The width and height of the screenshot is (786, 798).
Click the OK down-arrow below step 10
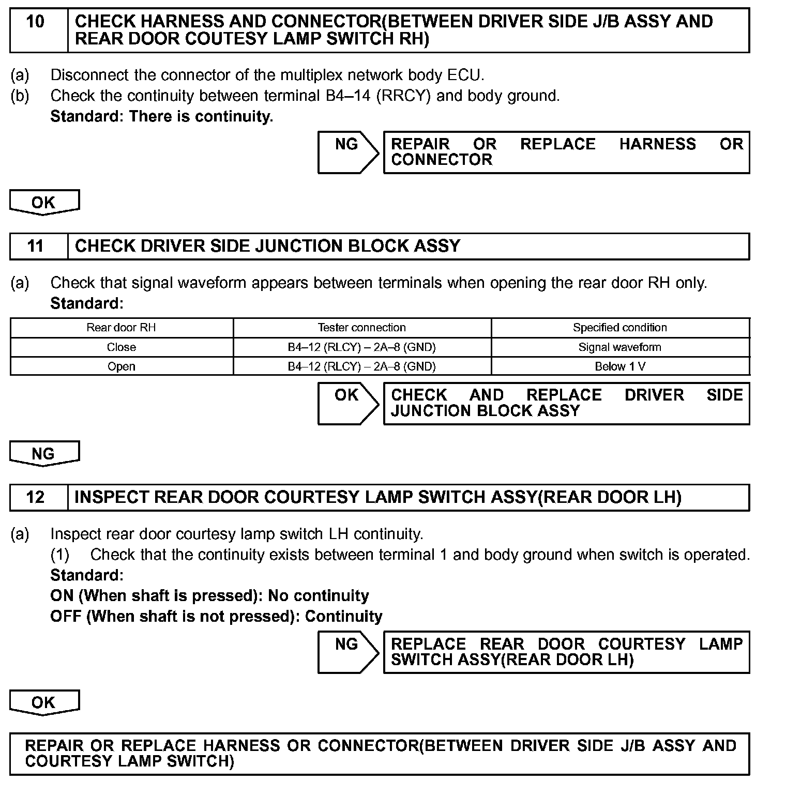tap(44, 202)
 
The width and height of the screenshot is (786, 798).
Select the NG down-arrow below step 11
tap(44, 453)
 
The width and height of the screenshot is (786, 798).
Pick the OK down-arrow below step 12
tap(44, 702)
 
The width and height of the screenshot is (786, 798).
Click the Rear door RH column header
tap(121, 328)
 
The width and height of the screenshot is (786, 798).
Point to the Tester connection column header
tap(361, 328)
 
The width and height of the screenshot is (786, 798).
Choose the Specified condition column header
tap(619, 328)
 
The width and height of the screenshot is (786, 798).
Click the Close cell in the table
tap(121, 347)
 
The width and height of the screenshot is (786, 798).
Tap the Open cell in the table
tap(121, 366)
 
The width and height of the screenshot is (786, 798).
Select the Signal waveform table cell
tap(619, 347)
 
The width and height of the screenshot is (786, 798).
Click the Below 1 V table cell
tap(619, 366)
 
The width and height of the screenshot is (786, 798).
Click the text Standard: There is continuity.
tap(161, 117)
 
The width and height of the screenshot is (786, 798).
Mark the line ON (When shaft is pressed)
tap(209, 596)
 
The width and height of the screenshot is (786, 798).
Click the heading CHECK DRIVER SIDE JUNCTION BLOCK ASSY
tap(267, 246)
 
